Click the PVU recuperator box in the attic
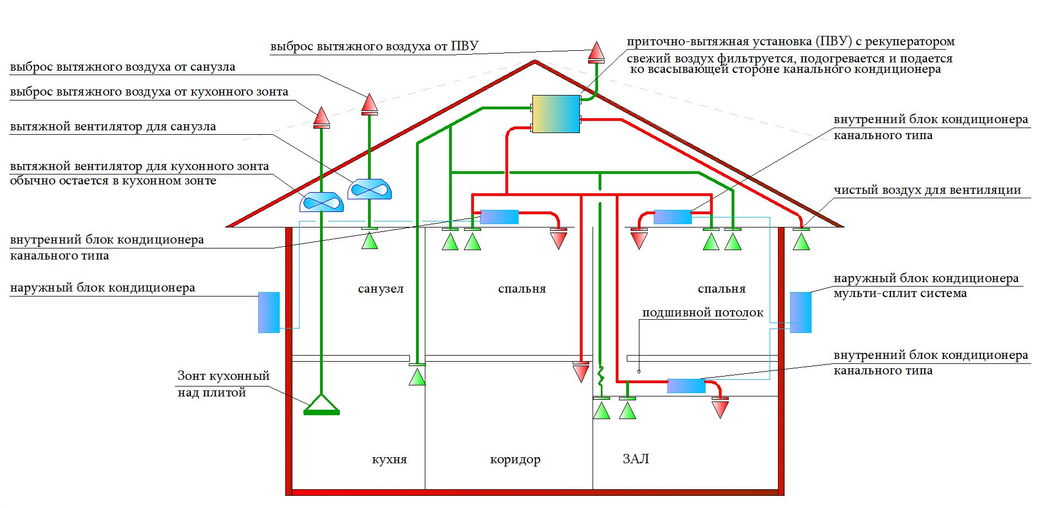[x=556, y=114]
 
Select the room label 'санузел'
[x=381, y=289]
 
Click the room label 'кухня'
[x=390, y=459]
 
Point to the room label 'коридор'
[x=515, y=459]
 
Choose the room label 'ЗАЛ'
[x=636, y=459]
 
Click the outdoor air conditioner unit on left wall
[x=269, y=312]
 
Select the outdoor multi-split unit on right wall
[x=801, y=312]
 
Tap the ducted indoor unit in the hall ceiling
[x=686, y=385]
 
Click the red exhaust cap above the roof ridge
[x=596, y=52]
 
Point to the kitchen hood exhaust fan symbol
[x=322, y=202]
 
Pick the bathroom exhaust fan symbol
[x=370, y=189]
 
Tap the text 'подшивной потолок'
[x=702, y=313]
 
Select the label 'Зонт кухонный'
[x=223, y=376]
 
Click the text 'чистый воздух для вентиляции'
[x=927, y=190]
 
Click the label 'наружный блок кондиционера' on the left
[x=103, y=288]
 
